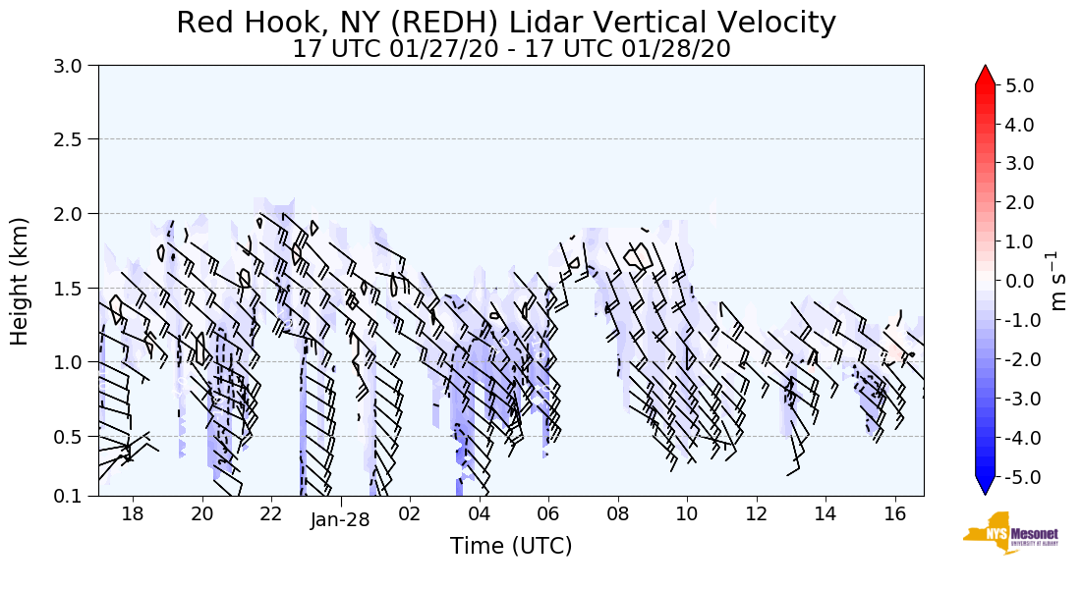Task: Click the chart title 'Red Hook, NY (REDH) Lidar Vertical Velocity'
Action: click(506, 23)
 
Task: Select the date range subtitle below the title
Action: click(511, 49)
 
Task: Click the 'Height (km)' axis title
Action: click(21, 281)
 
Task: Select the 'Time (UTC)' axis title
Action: click(511, 546)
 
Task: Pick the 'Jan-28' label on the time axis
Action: click(340, 520)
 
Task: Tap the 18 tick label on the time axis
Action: click(133, 513)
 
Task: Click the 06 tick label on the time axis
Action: click(548, 513)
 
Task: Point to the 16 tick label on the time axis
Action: click(894, 513)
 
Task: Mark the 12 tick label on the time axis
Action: click(756, 513)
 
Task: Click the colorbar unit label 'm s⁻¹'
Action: click(1059, 281)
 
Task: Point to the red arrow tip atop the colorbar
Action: click(985, 73)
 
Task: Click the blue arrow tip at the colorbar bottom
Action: click(985, 488)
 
